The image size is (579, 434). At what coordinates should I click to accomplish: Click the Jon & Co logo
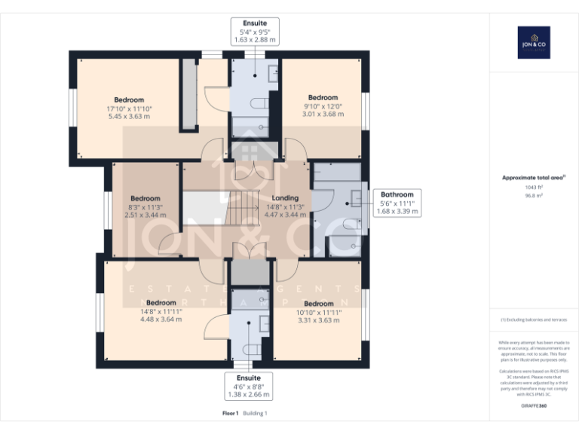click(x=534, y=43)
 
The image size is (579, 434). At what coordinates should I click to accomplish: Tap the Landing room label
click(x=285, y=198)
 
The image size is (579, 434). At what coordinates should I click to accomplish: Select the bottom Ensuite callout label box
click(x=249, y=386)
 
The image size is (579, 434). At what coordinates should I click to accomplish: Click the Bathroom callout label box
click(x=397, y=203)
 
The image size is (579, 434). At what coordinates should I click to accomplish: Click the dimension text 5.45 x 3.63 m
click(x=129, y=116)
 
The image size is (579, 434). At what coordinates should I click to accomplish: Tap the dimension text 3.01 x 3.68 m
click(x=323, y=115)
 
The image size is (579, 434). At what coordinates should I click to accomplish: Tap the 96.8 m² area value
click(x=533, y=194)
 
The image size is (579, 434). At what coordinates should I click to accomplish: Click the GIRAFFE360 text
click(x=533, y=406)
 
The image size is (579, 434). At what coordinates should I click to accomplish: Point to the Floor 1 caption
click(x=230, y=413)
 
